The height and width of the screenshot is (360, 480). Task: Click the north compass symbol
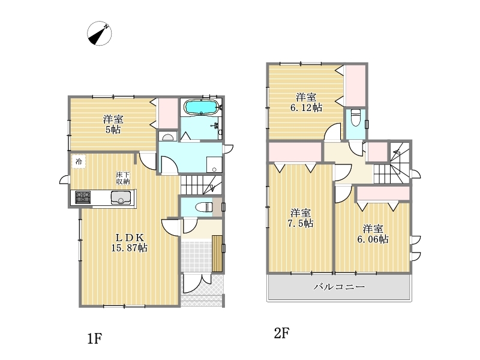pyautogui.click(x=99, y=34)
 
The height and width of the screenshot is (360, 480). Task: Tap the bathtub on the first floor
pyautogui.click(x=201, y=108)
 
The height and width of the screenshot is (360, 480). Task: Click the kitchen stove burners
pyautogui.click(x=83, y=197)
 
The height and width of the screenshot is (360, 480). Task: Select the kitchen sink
pyautogui.click(x=121, y=197)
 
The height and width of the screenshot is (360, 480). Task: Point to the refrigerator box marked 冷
pyautogui.click(x=79, y=161)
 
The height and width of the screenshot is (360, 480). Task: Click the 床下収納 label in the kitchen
pyautogui.click(x=123, y=178)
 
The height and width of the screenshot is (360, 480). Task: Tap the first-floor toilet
pyautogui.click(x=204, y=207)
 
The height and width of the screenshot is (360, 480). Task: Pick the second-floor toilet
pyautogui.click(x=355, y=118)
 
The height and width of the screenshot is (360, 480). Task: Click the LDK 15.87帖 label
pyautogui.click(x=129, y=242)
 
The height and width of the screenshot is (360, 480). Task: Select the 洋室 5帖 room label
pyautogui.click(x=113, y=124)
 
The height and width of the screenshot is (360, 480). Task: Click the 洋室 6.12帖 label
pyautogui.click(x=306, y=103)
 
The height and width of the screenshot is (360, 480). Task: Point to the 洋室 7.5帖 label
pyautogui.click(x=301, y=218)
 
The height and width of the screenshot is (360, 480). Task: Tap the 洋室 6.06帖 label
pyautogui.click(x=373, y=234)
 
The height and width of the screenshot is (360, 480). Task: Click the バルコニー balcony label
pyautogui.click(x=339, y=287)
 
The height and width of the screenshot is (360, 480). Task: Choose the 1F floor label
pyautogui.click(x=95, y=338)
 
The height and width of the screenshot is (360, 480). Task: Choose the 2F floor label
pyautogui.click(x=281, y=333)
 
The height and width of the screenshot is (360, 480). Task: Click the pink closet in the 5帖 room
pyautogui.click(x=168, y=113)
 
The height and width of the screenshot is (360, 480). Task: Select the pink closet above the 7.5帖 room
pyautogui.click(x=295, y=152)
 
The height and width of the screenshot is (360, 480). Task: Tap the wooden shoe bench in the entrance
pyautogui.click(x=217, y=253)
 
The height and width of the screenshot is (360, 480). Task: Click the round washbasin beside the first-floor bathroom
pyautogui.click(x=167, y=137)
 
